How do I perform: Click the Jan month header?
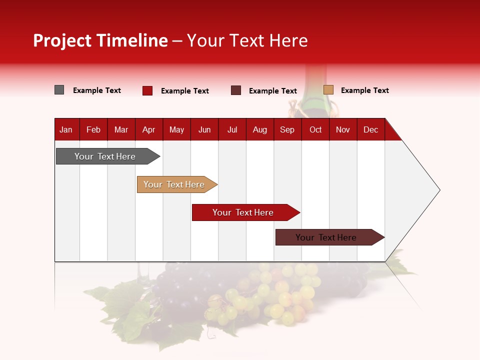pyautogui.click(x=66, y=129)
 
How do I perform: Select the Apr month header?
pyautogui.click(x=148, y=129)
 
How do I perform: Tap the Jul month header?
pyautogui.click(x=232, y=129)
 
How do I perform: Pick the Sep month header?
pyautogui.click(x=287, y=129)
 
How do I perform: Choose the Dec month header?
pyautogui.click(x=370, y=129)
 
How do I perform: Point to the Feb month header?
pyautogui.click(x=93, y=129)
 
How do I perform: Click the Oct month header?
pyautogui.click(x=315, y=129)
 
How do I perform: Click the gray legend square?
pyautogui.click(x=59, y=90)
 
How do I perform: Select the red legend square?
pyautogui.click(x=147, y=90)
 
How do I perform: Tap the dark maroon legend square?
pyautogui.click(x=236, y=90)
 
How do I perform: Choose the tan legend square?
pyautogui.click(x=328, y=90)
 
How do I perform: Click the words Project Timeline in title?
pyautogui.click(x=100, y=40)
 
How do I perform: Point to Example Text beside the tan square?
pyautogui.click(x=364, y=90)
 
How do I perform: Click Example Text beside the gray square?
pyautogui.click(x=97, y=90)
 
